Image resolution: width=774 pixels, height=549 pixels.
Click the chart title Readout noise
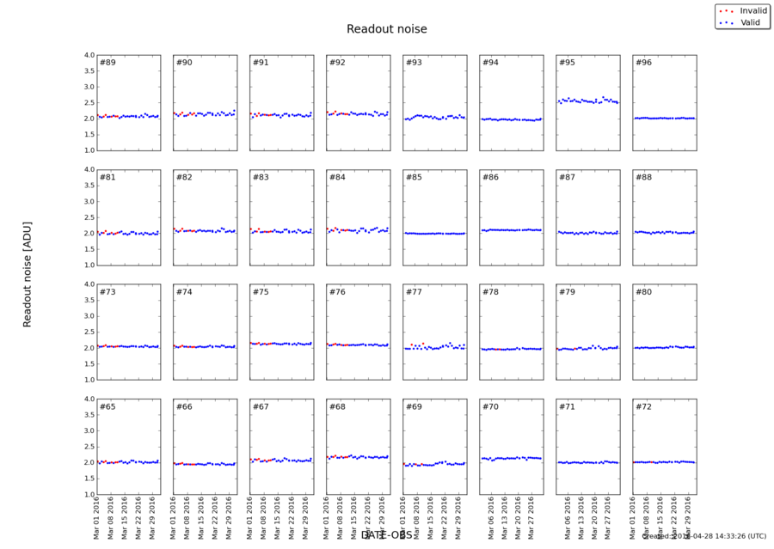pyautogui.click(x=386, y=29)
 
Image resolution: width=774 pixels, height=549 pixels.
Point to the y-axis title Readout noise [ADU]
pyautogui.click(x=28, y=274)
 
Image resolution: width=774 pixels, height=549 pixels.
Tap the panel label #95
pyautogui.click(x=567, y=63)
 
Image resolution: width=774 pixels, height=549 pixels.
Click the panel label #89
pyautogui.click(x=107, y=63)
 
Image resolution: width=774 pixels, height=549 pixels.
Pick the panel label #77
pyautogui.click(x=414, y=292)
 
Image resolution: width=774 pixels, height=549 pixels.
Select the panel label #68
pyautogui.click(x=337, y=406)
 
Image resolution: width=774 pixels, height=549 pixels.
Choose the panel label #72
pyautogui.click(x=643, y=406)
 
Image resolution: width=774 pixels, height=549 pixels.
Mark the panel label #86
pyautogui.click(x=490, y=177)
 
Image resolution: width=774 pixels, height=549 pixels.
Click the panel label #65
pyautogui.click(x=107, y=406)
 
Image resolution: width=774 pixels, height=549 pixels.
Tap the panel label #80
pyautogui.click(x=643, y=292)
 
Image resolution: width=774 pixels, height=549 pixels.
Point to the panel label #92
pyautogui.click(x=337, y=63)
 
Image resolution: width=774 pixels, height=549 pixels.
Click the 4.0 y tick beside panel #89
pyautogui.click(x=88, y=56)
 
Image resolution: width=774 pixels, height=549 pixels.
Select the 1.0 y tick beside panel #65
pyautogui.click(x=88, y=495)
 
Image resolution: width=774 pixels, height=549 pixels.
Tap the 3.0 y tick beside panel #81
pyautogui.click(x=88, y=202)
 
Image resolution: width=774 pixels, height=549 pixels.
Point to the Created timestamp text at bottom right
pyautogui.click(x=703, y=536)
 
